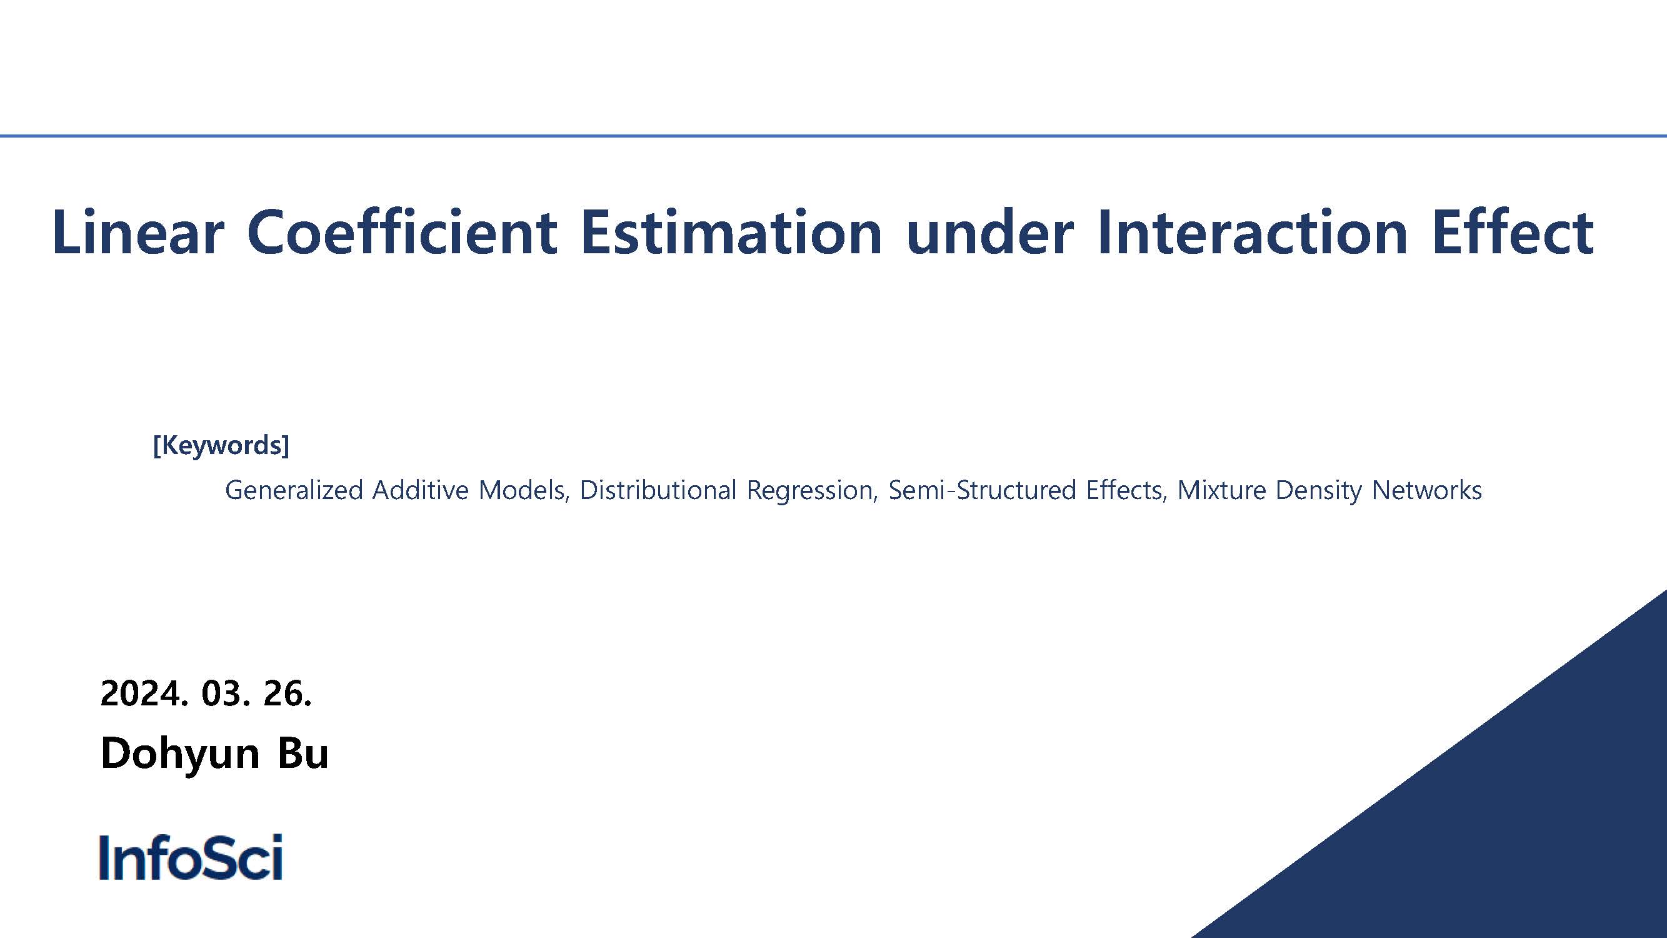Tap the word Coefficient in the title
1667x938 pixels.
[401, 231]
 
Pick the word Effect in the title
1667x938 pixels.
[1513, 231]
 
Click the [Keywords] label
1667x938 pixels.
[221, 445]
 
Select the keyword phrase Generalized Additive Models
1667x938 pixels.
[397, 490]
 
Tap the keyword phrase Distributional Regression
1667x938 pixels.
[728, 491]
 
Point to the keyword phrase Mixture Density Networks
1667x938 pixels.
[1329, 491]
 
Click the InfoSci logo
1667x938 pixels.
[191, 857]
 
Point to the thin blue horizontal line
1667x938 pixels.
[834, 136]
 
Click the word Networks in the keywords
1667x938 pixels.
[1426, 490]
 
